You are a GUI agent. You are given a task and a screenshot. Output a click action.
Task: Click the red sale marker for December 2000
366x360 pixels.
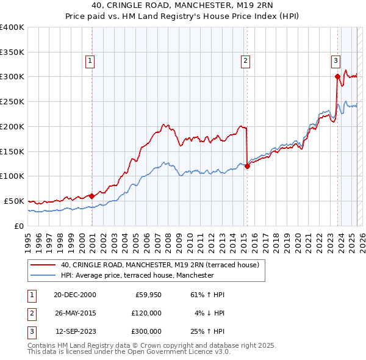click(92, 196)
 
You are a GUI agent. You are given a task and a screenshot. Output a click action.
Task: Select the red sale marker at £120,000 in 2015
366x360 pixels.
click(247, 166)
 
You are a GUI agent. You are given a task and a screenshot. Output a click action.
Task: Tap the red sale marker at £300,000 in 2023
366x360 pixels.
click(337, 76)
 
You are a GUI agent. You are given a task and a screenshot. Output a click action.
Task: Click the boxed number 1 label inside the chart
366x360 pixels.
click(90, 60)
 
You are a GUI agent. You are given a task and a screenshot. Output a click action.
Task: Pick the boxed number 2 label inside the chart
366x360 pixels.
click(245, 60)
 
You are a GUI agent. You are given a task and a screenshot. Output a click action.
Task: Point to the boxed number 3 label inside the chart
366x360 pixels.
click(335, 60)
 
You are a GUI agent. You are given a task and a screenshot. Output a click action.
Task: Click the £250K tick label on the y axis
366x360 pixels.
click(12, 102)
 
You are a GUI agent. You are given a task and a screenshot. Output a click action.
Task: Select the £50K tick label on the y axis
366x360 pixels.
click(14, 201)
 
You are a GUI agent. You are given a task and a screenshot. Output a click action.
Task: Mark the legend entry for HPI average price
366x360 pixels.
click(137, 275)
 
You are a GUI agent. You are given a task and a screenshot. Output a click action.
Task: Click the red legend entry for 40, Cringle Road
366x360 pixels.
click(160, 265)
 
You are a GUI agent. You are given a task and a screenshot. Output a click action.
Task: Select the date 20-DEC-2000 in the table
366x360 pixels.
click(75, 294)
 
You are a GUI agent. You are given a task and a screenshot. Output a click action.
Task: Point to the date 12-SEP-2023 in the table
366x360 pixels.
click(76, 332)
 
